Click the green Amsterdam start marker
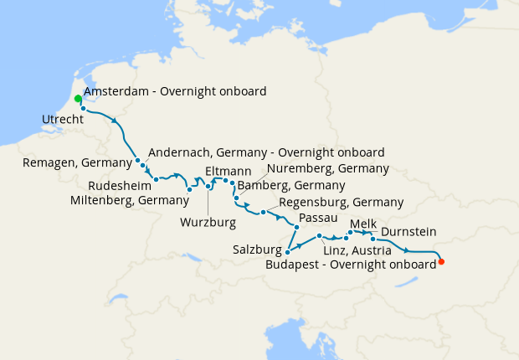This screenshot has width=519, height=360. click(78, 99)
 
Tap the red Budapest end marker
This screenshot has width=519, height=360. click(441, 262)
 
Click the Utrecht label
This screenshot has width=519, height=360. click(63, 121)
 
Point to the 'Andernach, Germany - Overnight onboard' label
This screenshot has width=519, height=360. click(265, 152)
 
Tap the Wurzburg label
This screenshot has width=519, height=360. click(208, 223)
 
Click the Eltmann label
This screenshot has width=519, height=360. click(223, 171)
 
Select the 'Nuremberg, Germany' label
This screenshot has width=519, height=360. click(328, 168)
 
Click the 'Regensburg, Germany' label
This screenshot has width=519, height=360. click(340, 203)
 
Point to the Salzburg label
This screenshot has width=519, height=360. click(257, 249)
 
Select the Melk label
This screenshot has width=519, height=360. click(364, 224)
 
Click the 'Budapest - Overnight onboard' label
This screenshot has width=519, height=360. click(350, 264)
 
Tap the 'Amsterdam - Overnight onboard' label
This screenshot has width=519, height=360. click(175, 91)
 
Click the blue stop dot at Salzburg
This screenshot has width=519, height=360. click(288, 251)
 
